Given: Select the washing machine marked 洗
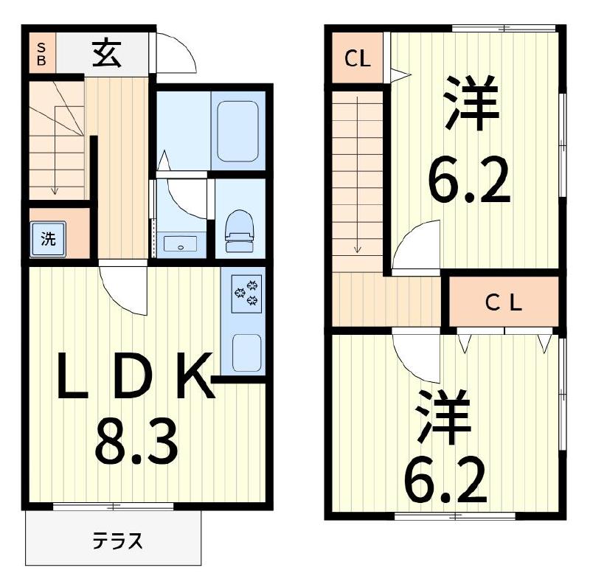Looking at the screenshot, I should [48, 238].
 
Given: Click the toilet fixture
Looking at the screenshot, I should [238, 230].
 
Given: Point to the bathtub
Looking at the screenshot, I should [237, 131].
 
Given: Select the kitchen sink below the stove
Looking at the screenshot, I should [247, 353].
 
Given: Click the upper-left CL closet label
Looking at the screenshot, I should [357, 59].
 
